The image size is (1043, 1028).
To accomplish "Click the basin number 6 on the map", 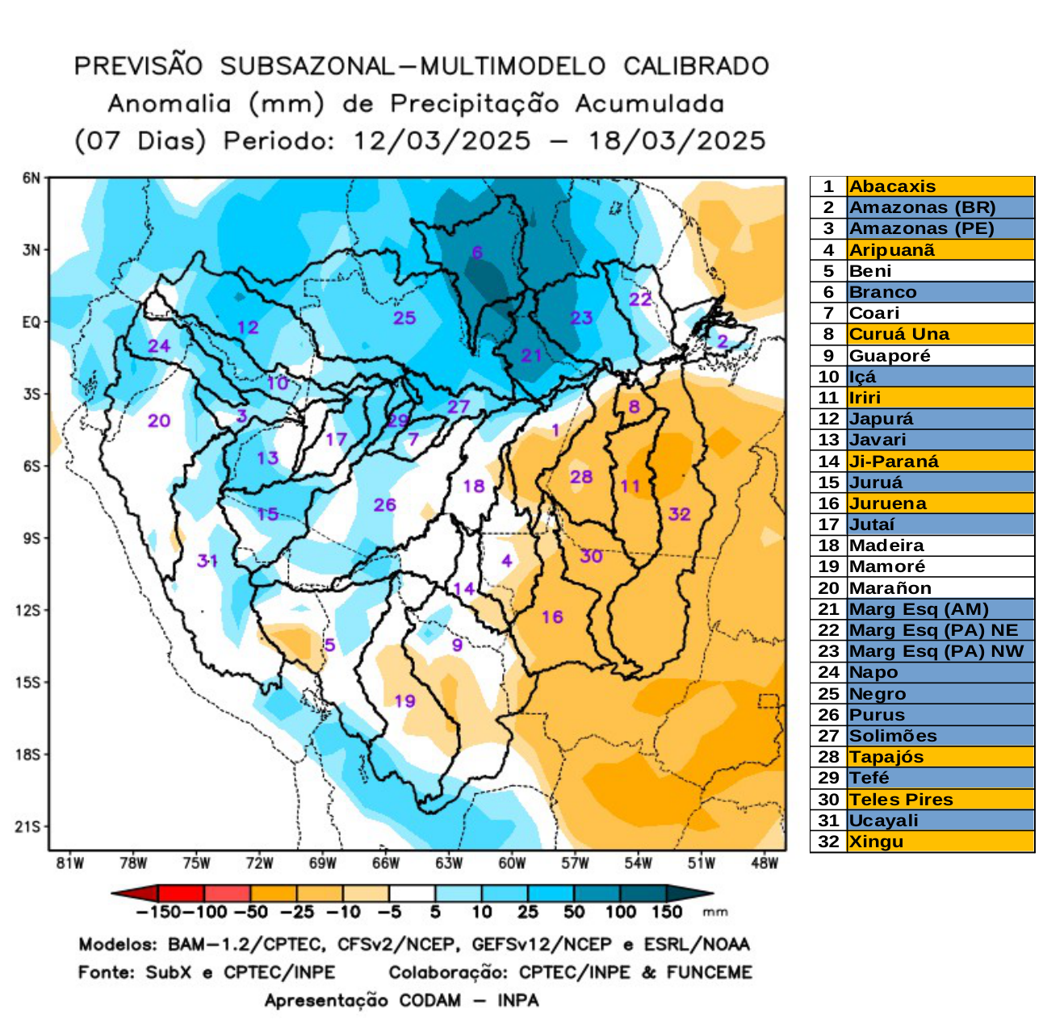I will [477, 253].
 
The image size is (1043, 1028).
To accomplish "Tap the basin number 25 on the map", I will [404, 318].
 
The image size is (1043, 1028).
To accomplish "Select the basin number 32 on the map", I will [679, 514].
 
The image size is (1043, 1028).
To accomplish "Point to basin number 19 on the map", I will [404, 700].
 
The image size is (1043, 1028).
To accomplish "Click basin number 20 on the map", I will [159, 420].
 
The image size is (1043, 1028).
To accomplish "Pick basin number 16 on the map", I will [552, 617].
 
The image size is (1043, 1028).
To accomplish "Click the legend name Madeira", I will [886, 545].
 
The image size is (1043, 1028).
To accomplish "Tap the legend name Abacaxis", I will [892, 186].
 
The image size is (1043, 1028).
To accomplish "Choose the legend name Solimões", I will [893, 736].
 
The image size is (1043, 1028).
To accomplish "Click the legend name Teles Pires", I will [901, 800].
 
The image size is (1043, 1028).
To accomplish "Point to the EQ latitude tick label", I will [31, 322].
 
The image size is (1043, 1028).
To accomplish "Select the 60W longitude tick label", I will [512, 863].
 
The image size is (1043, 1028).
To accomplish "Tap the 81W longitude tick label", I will [70, 863].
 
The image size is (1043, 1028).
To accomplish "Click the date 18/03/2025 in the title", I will [676, 141].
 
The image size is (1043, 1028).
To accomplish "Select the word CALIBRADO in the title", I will [696, 66].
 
